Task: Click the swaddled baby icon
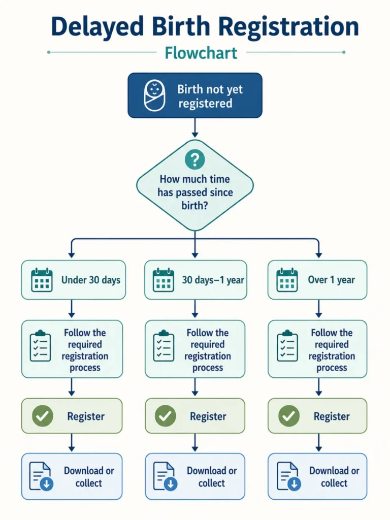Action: (x=154, y=95)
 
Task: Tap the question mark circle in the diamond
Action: (x=195, y=159)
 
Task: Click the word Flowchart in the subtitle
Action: (x=201, y=53)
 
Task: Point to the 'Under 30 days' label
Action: (x=91, y=280)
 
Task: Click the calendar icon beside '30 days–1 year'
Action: (x=163, y=280)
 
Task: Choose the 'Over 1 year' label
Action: (x=331, y=280)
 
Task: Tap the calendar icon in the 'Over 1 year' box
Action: (x=287, y=280)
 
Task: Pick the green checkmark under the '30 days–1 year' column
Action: (x=166, y=416)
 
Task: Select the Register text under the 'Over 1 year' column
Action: (x=332, y=416)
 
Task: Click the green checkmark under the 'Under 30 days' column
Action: (x=43, y=416)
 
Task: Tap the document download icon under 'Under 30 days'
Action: (x=41, y=476)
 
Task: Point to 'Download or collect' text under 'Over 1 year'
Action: (x=334, y=477)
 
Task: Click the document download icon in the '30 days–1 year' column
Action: (x=165, y=476)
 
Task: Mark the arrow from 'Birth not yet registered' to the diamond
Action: (x=195, y=127)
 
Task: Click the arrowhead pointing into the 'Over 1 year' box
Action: (x=319, y=255)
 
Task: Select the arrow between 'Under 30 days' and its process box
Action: (x=72, y=309)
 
